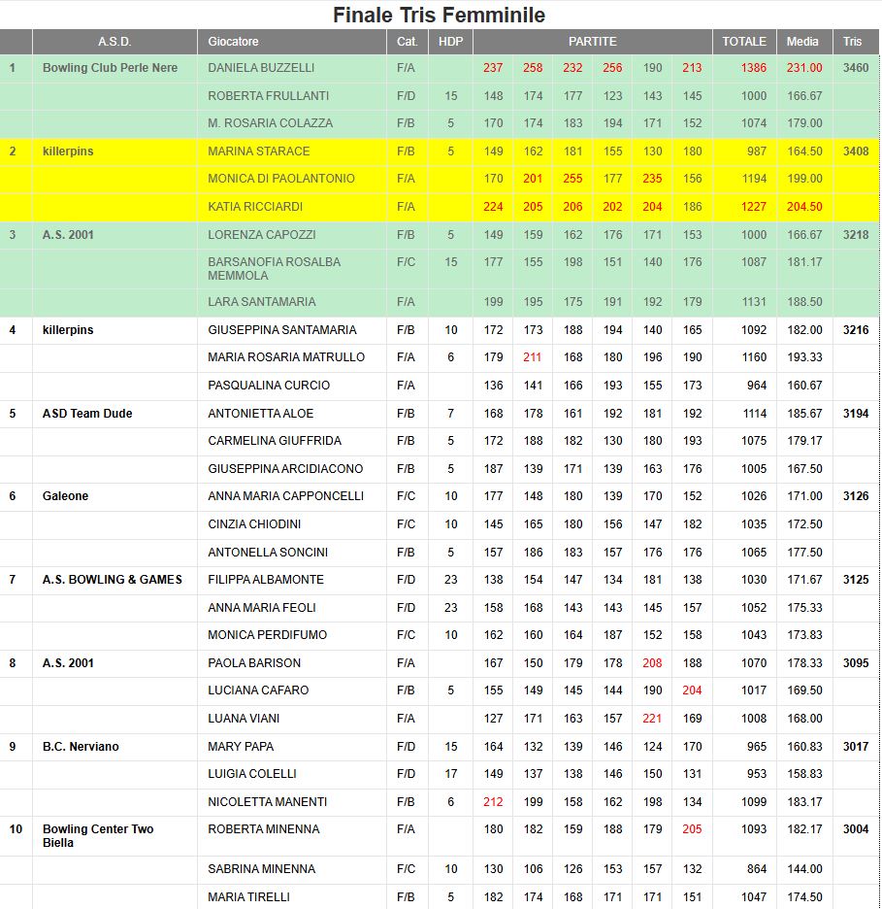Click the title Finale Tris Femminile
click(x=439, y=15)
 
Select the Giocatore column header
click(x=233, y=42)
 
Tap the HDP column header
click(x=450, y=42)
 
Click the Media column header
click(x=802, y=42)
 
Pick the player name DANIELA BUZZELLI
click(x=261, y=68)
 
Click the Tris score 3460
click(x=856, y=68)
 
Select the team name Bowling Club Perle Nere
click(x=110, y=68)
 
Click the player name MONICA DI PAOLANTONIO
click(x=281, y=179)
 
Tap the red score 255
click(x=572, y=179)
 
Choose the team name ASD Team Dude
click(x=87, y=414)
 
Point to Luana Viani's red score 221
click(x=652, y=719)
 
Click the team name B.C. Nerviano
click(x=81, y=747)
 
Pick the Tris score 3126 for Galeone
click(x=856, y=496)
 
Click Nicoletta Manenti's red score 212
click(x=493, y=802)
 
